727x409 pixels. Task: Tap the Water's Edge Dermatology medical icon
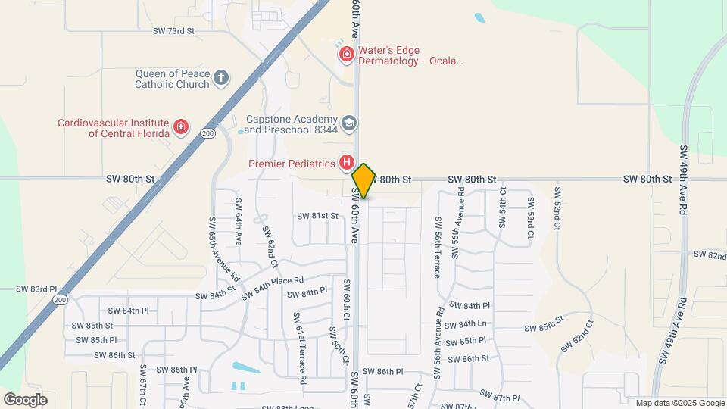tap(346, 54)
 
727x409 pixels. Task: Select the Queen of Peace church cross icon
tap(220, 77)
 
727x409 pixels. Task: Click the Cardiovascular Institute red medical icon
tap(181, 126)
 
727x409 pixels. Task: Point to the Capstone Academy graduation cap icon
tap(349, 123)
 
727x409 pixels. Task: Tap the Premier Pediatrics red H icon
tap(347, 162)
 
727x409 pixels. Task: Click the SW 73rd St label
tap(173, 31)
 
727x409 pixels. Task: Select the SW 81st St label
tap(317, 216)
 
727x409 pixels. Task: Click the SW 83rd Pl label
tap(36, 289)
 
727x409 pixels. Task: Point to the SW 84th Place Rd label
tap(273, 286)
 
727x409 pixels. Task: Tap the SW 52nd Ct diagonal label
tap(577, 335)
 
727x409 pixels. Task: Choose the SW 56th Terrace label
tap(437, 248)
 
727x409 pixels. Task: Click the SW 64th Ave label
tap(238, 222)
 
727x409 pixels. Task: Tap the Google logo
tap(25, 400)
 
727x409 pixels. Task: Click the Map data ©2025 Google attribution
tap(679, 404)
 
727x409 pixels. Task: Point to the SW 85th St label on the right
tap(544, 328)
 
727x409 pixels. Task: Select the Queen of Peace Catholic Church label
tap(172, 79)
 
